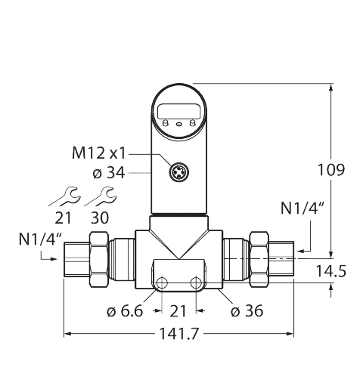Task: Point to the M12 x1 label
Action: coord(97,153)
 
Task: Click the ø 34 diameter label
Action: coord(108,173)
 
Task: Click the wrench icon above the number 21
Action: coord(63,197)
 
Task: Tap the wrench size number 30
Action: coord(99,218)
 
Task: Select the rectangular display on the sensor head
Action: coord(179,114)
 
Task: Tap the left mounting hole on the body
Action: coord(163,283)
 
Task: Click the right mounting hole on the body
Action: coord(197,283)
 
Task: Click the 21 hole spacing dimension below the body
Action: coord(179,310)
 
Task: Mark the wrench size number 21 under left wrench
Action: coord(63,218)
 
